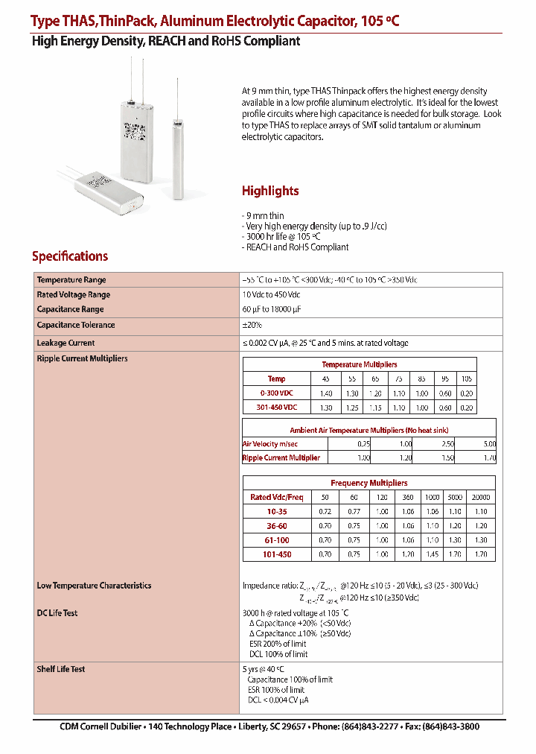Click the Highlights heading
[270, 191]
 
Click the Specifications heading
[70, 256]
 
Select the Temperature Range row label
[71, 279]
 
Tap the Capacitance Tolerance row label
[75, 325]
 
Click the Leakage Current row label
[66, 343]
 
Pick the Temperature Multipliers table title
[359, 364]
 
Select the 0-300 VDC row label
[276, 393]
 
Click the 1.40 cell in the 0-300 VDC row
[325, 393]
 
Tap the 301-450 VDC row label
[276, 407]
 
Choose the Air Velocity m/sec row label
[271, 444]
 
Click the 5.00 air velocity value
[488, 444]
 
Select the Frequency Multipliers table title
[368, 483]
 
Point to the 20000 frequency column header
[481, 497]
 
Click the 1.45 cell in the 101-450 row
[433, 554]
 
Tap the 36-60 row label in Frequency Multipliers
[276, 525]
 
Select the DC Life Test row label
[57, 613]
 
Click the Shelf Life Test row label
[61, 669]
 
